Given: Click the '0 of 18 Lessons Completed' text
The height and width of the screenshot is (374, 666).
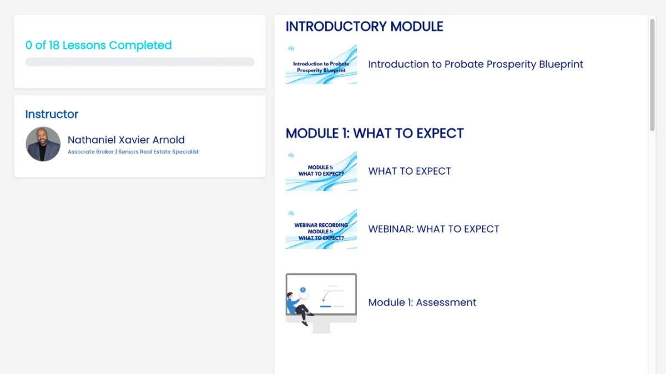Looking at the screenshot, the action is (98, 45).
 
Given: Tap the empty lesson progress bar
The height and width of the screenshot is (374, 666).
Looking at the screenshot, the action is (140, 62).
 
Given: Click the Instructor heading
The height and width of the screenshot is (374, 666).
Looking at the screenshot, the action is (52, 114).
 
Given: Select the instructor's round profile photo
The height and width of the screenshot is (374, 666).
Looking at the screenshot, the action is (43, 144).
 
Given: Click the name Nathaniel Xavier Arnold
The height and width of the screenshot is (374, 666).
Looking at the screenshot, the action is (126, 140).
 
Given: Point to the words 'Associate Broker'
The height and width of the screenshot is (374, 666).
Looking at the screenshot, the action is (90, 152).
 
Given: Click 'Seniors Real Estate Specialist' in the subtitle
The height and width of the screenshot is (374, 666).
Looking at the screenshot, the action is (159, 152).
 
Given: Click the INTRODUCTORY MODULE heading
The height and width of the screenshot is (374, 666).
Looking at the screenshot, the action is (364, 27).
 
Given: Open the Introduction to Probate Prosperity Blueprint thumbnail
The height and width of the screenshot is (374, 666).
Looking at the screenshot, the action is (321, 64).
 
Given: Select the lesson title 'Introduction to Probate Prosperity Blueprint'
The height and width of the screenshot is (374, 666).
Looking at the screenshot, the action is (476, 64).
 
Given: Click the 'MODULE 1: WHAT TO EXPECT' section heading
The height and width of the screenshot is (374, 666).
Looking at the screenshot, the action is (375, 134).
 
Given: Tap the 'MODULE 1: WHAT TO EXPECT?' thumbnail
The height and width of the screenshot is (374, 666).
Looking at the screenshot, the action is (321, 171).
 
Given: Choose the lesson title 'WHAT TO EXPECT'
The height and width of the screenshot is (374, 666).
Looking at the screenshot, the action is (410, 171).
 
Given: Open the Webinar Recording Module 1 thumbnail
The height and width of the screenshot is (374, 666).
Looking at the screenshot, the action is (321, 229).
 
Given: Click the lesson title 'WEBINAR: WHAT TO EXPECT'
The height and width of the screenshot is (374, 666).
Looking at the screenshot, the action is (434, 229).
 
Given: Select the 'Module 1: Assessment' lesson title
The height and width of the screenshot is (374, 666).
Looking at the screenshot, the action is (422, 303).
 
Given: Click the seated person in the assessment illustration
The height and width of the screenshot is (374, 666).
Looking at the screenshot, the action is (297, 307).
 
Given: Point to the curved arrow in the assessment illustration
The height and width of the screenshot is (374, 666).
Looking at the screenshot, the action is (327, 296).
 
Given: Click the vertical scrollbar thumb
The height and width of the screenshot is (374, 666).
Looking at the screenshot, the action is (652, 75).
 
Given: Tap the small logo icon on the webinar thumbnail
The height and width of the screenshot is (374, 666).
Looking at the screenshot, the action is (291, 213).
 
